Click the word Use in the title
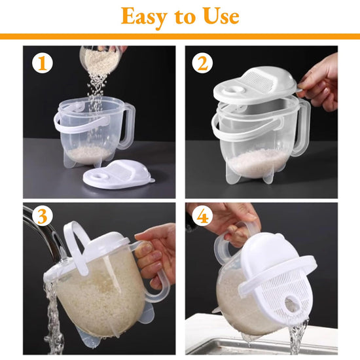click(x=221, y=16)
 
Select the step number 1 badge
click(x=43, y=63)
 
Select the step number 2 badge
click(x=202, y=63)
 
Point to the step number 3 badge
click(x=43, y=216)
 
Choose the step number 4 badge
click(x=202, y=216)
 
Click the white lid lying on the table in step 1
click(x=119, y=175)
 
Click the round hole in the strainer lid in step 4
click(x=291, y=302)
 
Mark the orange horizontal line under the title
click(x=180, y=37)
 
